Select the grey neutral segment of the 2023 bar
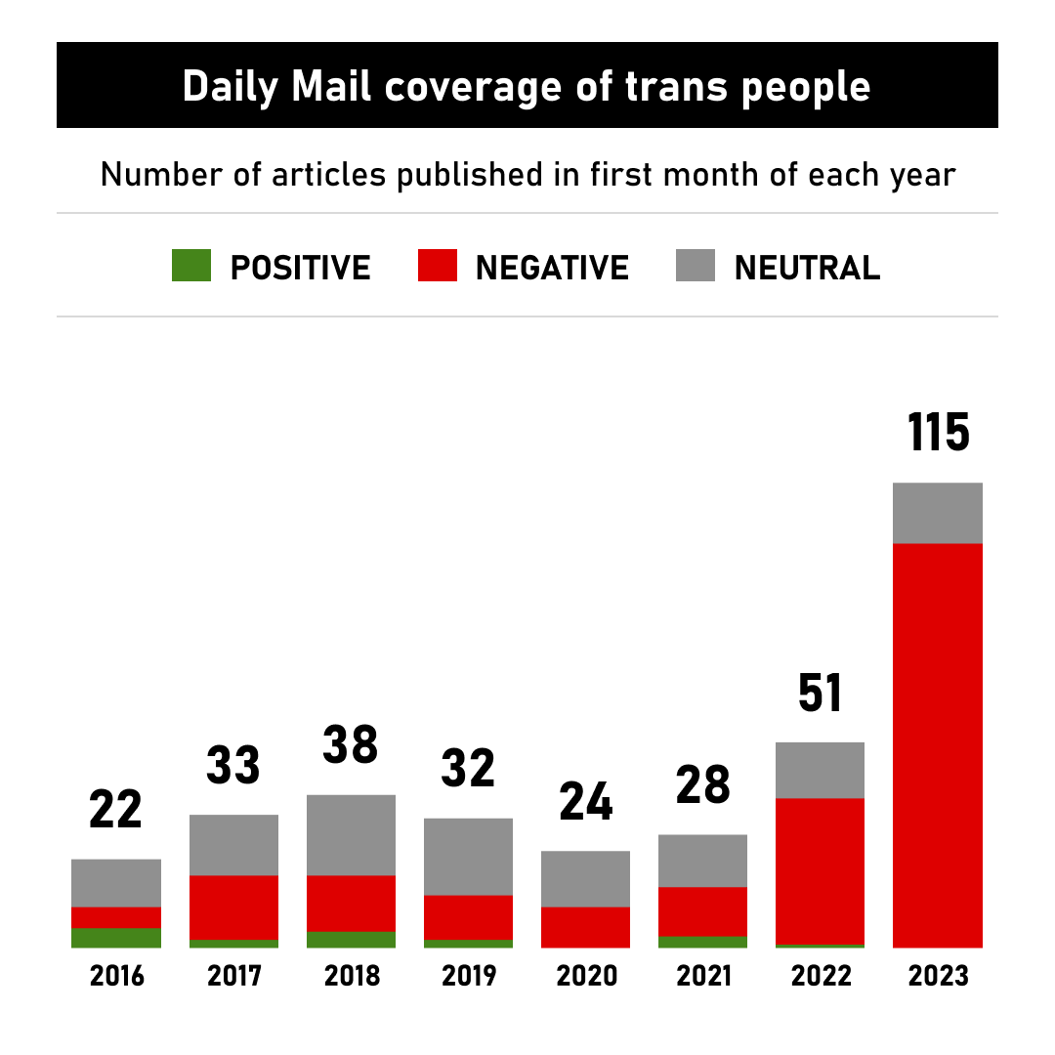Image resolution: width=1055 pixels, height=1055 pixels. tap(938, 513)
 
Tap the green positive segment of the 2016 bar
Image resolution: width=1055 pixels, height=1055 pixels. tap(116, 938)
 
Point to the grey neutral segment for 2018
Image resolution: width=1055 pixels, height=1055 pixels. tap(351, 835)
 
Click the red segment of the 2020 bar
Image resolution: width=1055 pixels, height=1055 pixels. tap(586, 927)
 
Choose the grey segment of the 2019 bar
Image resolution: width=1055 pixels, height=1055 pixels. tap(469, 857)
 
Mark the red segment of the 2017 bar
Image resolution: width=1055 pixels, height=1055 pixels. tap(233, 907)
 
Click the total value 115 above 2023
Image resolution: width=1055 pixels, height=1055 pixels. tap(939, 433)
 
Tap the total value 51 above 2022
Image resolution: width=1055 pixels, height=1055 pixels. tap(821, 694)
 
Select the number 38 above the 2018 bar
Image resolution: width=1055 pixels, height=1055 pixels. tap(351, 745)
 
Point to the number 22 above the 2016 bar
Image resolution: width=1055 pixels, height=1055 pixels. tap(116, 810)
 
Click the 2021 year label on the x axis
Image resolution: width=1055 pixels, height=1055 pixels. tap(703, 976)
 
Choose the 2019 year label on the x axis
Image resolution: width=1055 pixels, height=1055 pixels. tap(469, 976)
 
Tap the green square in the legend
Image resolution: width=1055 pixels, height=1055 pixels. tap(191, 266)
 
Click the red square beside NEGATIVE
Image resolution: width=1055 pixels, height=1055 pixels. tap(437, 266)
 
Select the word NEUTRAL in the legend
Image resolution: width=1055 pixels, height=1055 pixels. tap(807, 267)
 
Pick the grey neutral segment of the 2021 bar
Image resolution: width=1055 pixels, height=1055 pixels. tap(703, 861)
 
